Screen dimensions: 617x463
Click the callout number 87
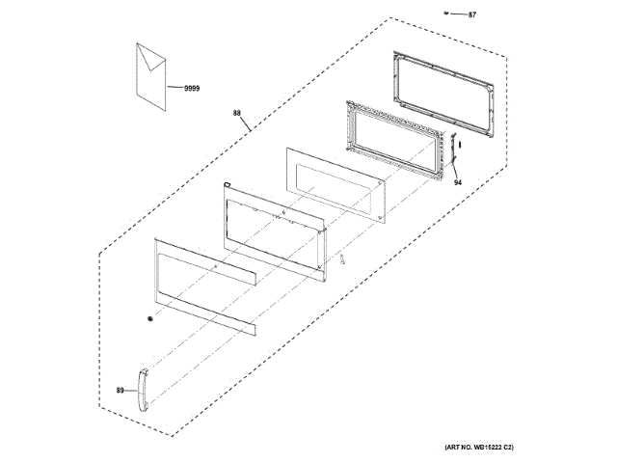[x=472, y=15]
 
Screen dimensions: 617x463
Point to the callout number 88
[x=238, y=113]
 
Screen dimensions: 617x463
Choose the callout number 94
[x=459, y=182]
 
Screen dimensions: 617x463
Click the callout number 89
[x=121, y=391]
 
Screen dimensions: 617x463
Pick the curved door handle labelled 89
[x=140, y=392]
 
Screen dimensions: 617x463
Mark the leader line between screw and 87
[x=459, y=14]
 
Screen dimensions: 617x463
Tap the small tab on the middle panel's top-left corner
[x=225, y=183]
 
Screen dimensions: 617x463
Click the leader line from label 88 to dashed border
[x=248, y=123]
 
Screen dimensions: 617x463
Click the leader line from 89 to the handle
[x=130, y=391]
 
